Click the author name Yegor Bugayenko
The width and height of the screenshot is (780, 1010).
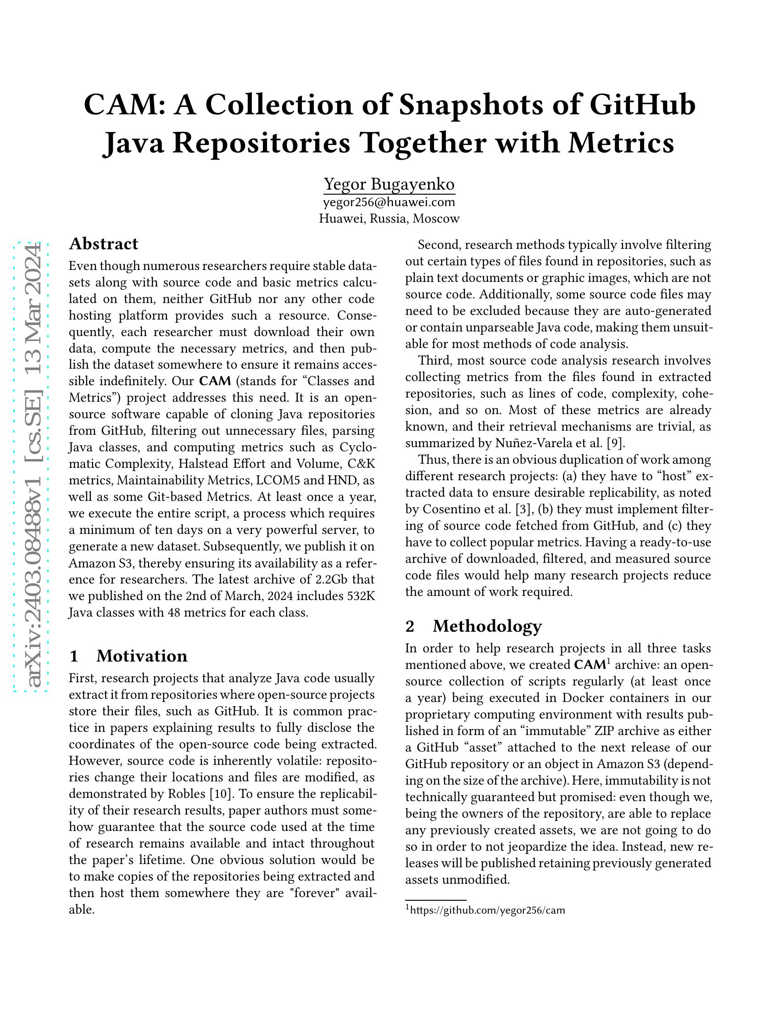(389, 184)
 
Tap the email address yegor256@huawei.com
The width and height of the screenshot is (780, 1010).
(389, 202)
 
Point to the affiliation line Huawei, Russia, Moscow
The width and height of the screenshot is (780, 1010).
(389, 219)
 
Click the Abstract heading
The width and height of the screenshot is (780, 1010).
(104, 244)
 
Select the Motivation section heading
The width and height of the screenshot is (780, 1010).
(141, 656)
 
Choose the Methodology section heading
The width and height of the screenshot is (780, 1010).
(487, 626)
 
